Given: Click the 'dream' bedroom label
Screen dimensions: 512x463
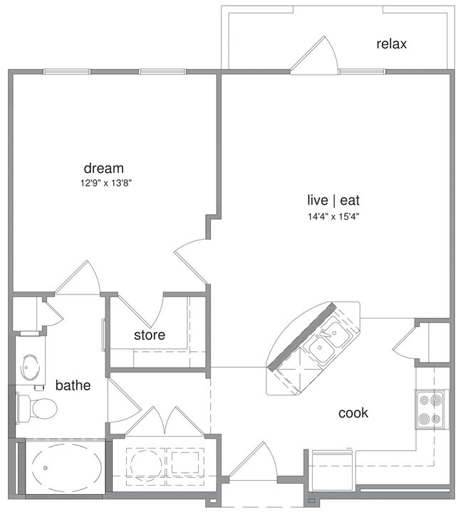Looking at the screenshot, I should pyautogui.click(x=104, y=169).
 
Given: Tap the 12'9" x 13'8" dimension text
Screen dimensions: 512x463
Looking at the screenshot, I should pyautogui.click(x=107, y=183).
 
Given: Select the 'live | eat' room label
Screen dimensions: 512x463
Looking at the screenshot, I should pyautogui.click(x=328, y=202).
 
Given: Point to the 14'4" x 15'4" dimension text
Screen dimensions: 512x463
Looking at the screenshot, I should pyautogui.click(x=328, y=217).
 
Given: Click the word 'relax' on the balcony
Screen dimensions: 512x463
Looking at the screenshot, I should pyautogui.click(x=391, y=44).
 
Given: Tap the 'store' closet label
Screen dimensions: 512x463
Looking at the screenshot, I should pyautogui.click(x=150, y=334).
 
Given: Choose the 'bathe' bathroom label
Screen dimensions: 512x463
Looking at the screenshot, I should pyautogui.click(x=73, y=385).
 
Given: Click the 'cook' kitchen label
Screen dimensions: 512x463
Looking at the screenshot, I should pyautogui.click(x=353, y=412).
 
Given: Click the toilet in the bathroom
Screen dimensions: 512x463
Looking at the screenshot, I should pyautogui.click(x=39, y=408).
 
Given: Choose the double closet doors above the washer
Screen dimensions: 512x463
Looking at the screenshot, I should pyautogui.click(x=165, y=422).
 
